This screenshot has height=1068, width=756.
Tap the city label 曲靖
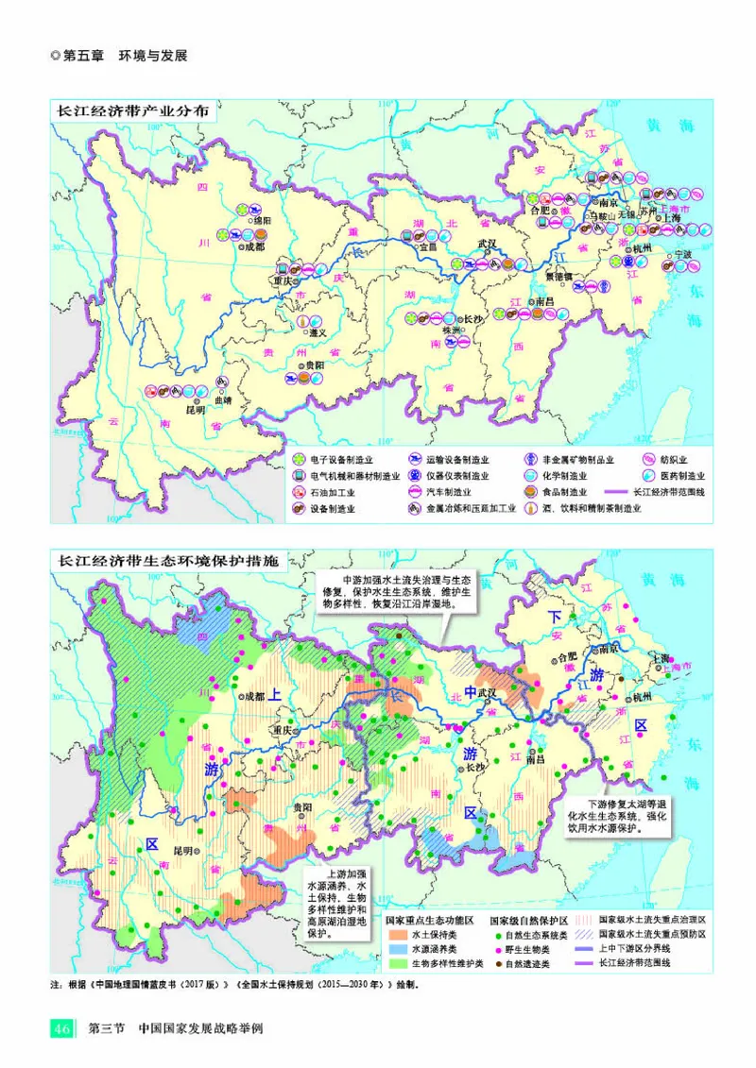pos(222,399)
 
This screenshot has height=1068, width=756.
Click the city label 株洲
pos(453,331)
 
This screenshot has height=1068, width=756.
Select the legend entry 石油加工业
pos(327,492)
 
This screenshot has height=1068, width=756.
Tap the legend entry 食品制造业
pos(563,492)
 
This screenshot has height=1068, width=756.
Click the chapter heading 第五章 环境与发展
pos(124,56)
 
